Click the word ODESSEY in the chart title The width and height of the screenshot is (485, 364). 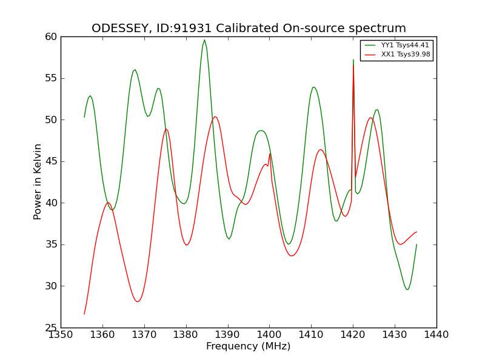119,29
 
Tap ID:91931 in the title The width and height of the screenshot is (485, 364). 184,28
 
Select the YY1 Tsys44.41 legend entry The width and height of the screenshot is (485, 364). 397,45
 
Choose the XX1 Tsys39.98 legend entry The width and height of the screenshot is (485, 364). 397,55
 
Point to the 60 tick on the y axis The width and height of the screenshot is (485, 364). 51,37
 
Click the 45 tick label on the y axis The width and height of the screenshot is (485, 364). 51,161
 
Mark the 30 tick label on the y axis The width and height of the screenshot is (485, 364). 51,286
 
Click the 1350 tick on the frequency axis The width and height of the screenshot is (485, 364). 61,335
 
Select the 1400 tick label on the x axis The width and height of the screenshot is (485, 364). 269,335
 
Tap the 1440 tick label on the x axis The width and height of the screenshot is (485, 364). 436,335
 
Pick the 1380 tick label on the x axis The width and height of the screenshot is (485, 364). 186,335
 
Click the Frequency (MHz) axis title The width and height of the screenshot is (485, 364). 249,346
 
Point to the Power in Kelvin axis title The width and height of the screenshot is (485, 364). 37,182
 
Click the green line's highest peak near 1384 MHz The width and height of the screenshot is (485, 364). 204,40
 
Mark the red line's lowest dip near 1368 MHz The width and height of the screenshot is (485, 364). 138,302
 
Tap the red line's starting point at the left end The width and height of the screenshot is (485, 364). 84,314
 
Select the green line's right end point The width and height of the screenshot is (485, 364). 416,244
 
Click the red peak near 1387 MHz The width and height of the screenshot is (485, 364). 215,116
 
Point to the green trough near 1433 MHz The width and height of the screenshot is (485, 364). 407,289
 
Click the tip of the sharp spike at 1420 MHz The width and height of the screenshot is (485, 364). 353,59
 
